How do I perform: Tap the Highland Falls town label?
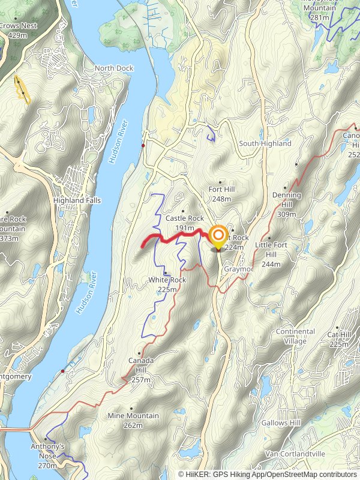pyautogui.click(x=77, y=200)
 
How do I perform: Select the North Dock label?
pyautogui.click(x=113, y=68)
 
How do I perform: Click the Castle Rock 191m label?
pyautogui.click(x=184, y=223)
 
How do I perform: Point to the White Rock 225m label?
pyautogui.click(x=167, y=284)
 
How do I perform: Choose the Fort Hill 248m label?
pyautogui.click(x=221, y=194)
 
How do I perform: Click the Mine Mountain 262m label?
pyautogui.click(x=133, y=420)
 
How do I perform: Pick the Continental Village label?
pyautogui.click(x=295, y=335)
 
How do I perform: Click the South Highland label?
pyautogui.click(x=265, y=143)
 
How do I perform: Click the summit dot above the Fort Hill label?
pyautogui.click(x=220, y=182)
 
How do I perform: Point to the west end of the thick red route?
pyautogui.click(x=142, y=246)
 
